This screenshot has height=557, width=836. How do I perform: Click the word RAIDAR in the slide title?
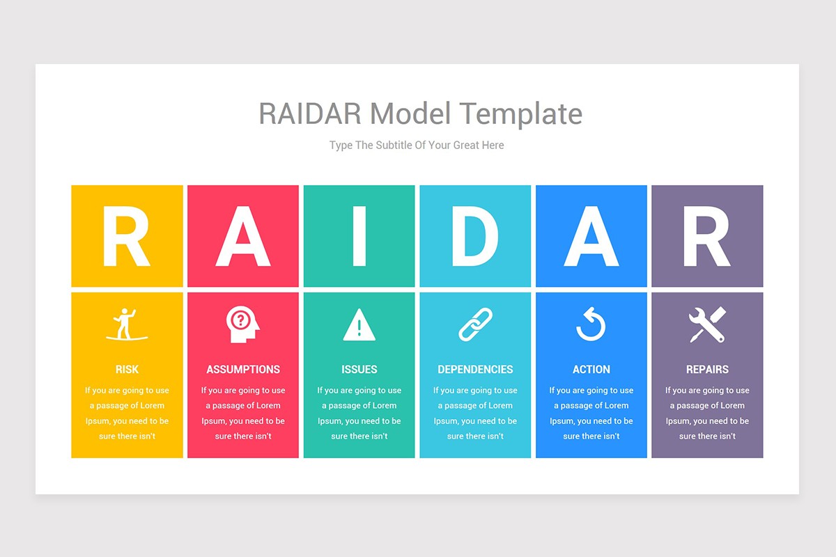pos(310,113)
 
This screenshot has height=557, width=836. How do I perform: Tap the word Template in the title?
pos(520,115)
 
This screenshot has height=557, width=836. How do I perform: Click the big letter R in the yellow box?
pos(126,236)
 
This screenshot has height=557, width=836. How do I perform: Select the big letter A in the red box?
pos(243,236)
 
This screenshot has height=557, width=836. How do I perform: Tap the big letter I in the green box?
pos(359,236)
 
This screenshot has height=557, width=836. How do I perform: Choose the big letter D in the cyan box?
pos(475,236)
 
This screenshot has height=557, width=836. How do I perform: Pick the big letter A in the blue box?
pos(591,236)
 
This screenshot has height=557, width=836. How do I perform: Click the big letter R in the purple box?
pos(707,236)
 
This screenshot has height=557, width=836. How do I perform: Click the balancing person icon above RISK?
pos(126,324)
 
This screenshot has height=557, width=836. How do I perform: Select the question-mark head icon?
pos(242,324)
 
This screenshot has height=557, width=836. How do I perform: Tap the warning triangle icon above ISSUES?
pos(359,324)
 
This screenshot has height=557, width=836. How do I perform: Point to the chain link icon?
pos(475,324)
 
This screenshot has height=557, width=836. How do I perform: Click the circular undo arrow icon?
pos(591,324)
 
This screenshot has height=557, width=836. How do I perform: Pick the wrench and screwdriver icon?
pos(707,324)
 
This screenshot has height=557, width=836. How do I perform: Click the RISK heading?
pos(127,369)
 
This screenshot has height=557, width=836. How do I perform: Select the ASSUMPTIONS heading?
pos(243,369)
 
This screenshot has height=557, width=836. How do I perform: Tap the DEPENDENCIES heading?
pos(475,369)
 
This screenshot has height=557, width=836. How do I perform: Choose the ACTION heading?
pos(591,369)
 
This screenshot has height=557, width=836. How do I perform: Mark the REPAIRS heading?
pos(707,369)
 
